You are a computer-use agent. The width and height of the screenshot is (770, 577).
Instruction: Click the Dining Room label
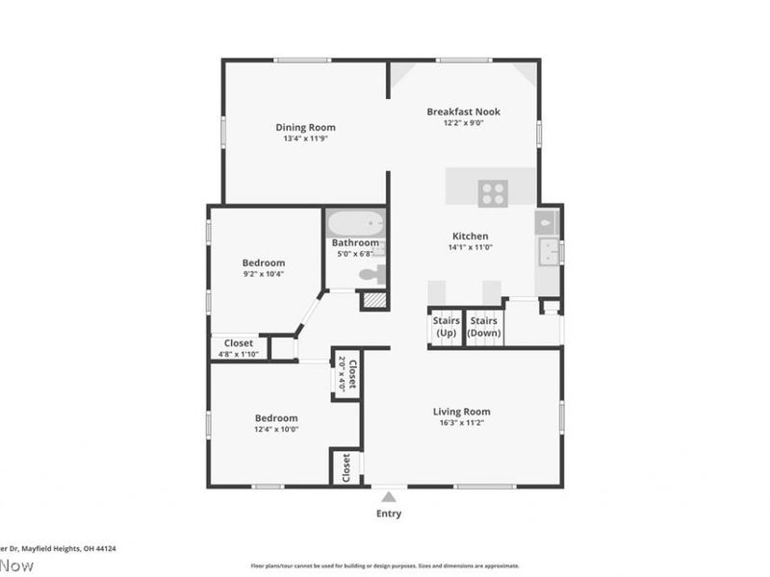[x=305, y=127]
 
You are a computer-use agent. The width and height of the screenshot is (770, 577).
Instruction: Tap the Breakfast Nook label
[x=463, y=112]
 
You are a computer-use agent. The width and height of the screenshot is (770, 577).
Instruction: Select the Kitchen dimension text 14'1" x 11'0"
[x=471, y=248]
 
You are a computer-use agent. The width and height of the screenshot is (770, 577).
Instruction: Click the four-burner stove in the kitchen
[x=493, y=193]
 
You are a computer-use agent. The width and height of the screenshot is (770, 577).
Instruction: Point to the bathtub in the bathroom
[x=354, y=225]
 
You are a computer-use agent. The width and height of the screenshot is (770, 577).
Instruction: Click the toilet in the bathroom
[x=372, y=275]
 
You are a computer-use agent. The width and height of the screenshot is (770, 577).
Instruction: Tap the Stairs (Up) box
[x=446, y=327]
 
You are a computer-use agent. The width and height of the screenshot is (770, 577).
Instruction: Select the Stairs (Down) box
[x=484, y=327]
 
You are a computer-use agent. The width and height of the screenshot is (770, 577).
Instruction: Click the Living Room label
[x=463, y=412]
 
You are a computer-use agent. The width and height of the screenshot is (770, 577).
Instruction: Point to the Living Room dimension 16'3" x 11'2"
[x=463, y=423]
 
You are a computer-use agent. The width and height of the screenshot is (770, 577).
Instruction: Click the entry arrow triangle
[x=388, y=497]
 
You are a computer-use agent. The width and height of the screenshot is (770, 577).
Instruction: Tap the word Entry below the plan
[x=388, y=514]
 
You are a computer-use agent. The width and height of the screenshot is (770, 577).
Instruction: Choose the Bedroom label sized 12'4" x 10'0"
[x=275, y=418]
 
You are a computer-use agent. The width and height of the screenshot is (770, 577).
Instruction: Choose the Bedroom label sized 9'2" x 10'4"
[x=263, y=263]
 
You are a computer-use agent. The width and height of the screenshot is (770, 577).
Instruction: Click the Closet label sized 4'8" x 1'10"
[x=239, y=342]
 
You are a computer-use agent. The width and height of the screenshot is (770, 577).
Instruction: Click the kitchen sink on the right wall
[x=549, y=253]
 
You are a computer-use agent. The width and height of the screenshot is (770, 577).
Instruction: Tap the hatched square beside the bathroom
[x=373, y=300]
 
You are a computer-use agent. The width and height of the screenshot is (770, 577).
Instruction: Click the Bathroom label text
[x=355, y=243]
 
